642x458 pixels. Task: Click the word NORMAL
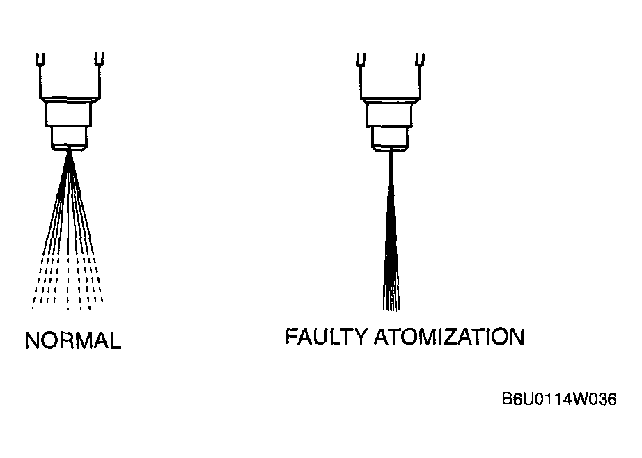[x=73, y=340]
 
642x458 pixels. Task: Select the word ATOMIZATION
[x=449, y=337]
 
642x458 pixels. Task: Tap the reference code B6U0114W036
[x=559, y=399]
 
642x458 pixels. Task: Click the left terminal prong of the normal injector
[x=40, y=59]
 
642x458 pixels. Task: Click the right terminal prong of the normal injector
[x=100, y=59]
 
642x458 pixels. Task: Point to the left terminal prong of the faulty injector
[x=361, y=59]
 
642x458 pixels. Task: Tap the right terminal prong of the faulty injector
[x=420, y=59]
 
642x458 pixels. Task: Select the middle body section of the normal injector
[x=68, y=113]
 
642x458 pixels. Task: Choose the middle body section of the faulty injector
[x=389, y=114]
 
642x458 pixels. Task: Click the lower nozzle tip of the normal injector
[x=69, y=138]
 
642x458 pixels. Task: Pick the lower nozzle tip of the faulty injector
[x=389, y=139]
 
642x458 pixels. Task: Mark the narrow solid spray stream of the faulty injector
[x=391, y=231]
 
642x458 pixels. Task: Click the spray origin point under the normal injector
[x=69, y=152]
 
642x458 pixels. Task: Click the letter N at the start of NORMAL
[x=32, y=340]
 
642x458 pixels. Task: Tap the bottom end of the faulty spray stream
[x=391, y=310]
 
